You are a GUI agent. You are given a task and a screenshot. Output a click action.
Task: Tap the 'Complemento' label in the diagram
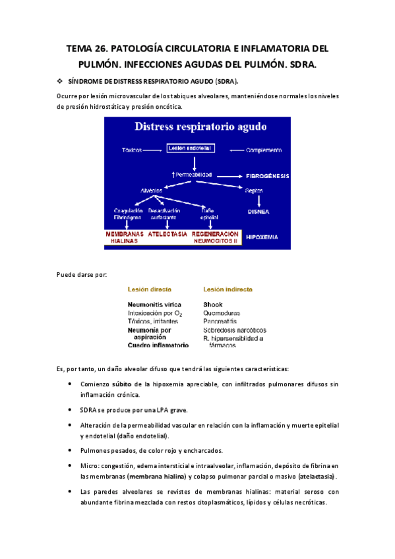click(x=264, y=150)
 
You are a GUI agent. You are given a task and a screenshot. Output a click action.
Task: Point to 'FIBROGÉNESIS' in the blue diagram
click(x=268, y=176)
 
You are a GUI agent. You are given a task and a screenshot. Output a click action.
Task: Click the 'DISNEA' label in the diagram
click(x=258, y=212)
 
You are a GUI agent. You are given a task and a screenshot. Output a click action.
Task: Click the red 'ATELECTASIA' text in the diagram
click(x=167, y=233)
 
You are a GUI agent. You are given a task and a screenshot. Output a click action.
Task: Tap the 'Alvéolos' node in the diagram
click(x=152, y=190)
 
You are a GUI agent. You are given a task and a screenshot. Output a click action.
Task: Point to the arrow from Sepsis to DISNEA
click(x=258, y=200)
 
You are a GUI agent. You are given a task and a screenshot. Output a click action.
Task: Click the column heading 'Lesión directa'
click(x=150, y=289)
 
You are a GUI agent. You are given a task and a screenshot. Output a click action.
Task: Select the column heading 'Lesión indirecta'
click(x=228, y=289)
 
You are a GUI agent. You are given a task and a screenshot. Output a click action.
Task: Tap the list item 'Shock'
click(x=212, y=305)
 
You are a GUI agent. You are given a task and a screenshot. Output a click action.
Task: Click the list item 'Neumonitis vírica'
click(x=154, y=305)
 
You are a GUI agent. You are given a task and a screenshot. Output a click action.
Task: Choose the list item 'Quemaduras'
click(x=222, y=313)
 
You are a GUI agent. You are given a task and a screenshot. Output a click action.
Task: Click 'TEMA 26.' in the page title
click(x=88, y=49)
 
